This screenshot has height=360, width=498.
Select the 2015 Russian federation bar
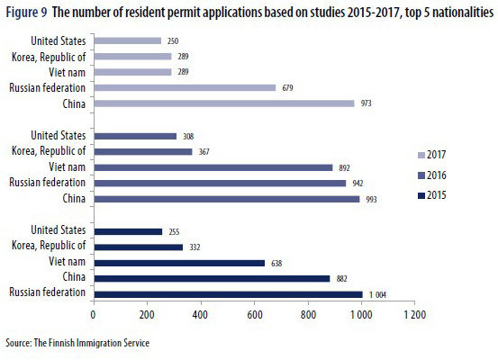[x=227, y=293]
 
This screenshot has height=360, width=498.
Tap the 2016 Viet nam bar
[x=213, y=167]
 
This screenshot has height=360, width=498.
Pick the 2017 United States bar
[x=127, y=40]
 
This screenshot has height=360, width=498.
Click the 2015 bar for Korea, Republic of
[x=138, y=246]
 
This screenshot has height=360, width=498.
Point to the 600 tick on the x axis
[x=255, y=316]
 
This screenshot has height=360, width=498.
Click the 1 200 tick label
[x=414, y=316]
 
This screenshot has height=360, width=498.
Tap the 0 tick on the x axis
[x=94, y=316]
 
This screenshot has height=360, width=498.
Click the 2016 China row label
[x=72, y=199]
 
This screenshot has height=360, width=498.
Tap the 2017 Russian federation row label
[x=47, y=88]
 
